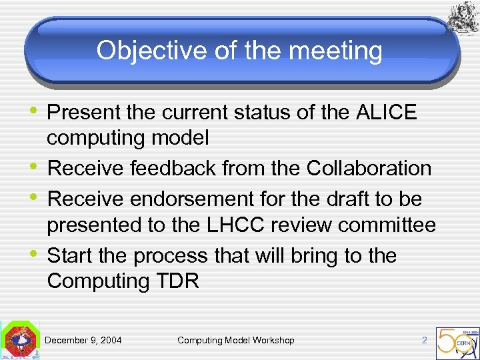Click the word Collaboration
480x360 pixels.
[x=369, y=169]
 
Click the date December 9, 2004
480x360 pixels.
[x=83, y=341]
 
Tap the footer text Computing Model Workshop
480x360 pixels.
[x=235, y=341]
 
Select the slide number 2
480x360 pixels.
[x=424, y=341]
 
